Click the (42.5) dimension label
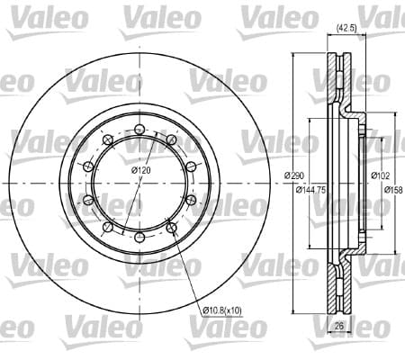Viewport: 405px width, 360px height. click(x=346, y=29)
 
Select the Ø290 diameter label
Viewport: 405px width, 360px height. click(x=294, y=175)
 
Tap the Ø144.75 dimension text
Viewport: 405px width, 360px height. click(x=310, y=190)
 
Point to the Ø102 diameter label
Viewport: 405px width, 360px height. click(x=380, y=175)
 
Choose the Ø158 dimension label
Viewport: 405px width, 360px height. click(x=394, y=190)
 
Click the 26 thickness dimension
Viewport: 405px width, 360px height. click(x=339, y=326)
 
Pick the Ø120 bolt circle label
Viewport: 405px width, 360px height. click(x=140, y=170)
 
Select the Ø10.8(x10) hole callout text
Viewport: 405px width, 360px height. click(x=222, y=310)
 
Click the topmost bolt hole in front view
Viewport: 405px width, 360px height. click(x=139, y=130)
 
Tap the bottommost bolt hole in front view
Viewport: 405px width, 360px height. click(x=139, y=238)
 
